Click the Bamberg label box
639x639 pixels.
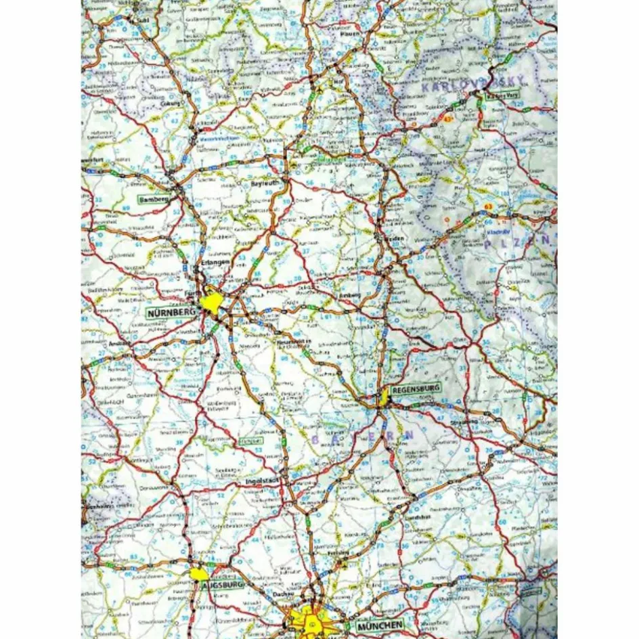pyautogui.click(x=152, y=200)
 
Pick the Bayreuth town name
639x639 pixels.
pyautogui.click(x=265, y=184)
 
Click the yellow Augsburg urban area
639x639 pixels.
pyautogui.click(x=198, y=574)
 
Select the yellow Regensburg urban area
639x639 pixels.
pyautogui.click(x=383, y=396)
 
